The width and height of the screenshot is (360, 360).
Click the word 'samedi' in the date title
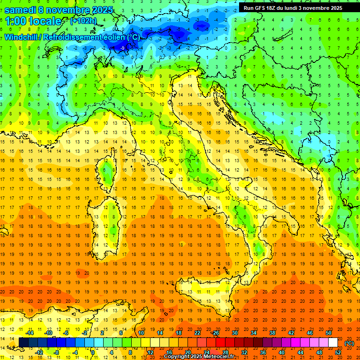pos(21,10)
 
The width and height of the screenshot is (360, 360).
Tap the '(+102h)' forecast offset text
pos(83,21)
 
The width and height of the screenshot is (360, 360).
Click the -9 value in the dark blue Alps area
pos(122,48)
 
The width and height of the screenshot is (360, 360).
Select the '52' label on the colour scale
pos(338,352)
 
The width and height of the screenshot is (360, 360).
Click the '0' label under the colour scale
pos(93,352)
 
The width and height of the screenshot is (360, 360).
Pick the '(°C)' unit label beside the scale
pos(349,343)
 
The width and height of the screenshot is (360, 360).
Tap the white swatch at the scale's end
pos(333,343)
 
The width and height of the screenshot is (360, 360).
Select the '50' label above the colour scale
pos(329,333)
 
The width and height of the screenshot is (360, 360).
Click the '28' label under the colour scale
pos(225,352)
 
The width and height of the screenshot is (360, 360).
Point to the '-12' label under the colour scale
pos(39,352)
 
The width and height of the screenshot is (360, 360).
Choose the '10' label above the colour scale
pos(141,333)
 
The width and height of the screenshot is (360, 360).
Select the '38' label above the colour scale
pos(272,333)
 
